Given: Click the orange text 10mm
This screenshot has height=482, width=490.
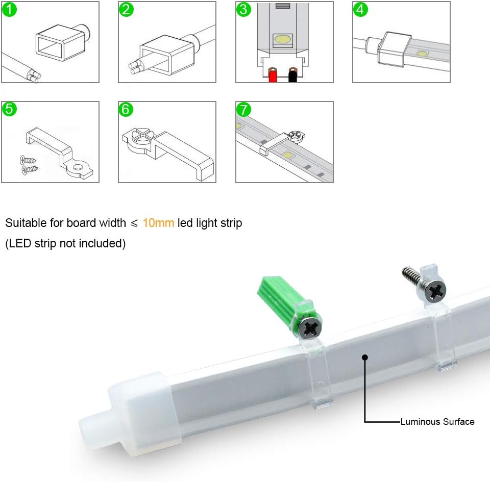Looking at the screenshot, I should click(158, 223).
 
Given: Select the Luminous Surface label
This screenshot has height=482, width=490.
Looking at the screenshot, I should click(437, 422).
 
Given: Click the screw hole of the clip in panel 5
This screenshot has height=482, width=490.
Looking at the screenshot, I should click(80, 167).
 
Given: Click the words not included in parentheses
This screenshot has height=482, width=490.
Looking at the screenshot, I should click(91, 243).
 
